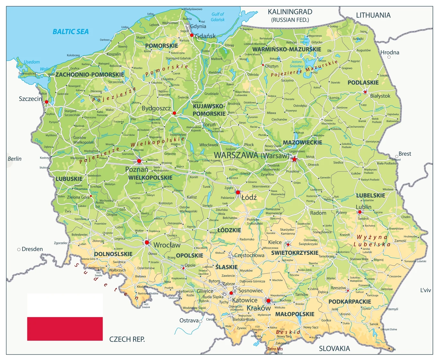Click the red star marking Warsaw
(x=294, y=159)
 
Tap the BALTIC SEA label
(x=70, y=32)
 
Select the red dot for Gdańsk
(x=192, y=35)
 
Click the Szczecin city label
(x=30, y=99)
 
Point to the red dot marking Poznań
(x=139, y=161)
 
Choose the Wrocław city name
(x=167, y=245)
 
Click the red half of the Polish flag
(x=65, y=328)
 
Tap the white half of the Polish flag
(x=65, y=305)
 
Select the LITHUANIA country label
(x=373, y=15)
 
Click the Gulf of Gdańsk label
(x=218, y=17)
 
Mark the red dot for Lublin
(x=360, y=212)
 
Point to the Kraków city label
(x=258, y=308)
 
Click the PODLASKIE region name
(x=363, y=83)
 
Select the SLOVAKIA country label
(x=334, y=348)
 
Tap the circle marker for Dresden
(x=19, y=249)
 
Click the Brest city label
(x=405, y=154)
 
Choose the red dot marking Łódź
(x=238, y=192)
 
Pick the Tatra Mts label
(x=275, y=349)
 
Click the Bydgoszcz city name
(x=156, y=108)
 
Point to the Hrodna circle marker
(x=389, y=57)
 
